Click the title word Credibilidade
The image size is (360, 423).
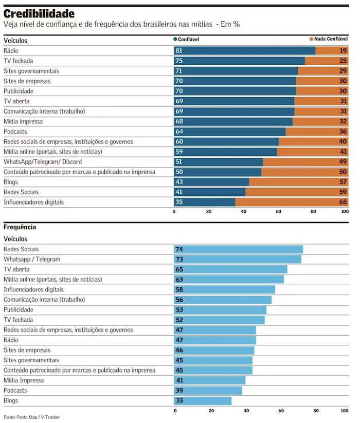coord(39,13)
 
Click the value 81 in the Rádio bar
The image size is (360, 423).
coord(179,51)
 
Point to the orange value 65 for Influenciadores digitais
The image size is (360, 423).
coord(343,203)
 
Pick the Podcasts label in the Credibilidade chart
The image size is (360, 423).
coord(15,132)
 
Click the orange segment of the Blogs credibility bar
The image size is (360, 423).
coord(298,182)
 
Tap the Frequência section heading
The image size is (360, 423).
coord(20,227)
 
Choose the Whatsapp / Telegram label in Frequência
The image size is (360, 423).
coord(32,259)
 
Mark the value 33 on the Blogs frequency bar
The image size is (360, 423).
coord(180,401)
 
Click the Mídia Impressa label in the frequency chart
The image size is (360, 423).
coord(24,380)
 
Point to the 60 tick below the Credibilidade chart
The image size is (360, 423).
coord(279,211)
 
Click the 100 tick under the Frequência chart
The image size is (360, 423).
coord(344,411)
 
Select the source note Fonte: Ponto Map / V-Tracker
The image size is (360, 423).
coord(32,417)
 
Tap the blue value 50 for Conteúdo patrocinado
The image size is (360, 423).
coord(179,172)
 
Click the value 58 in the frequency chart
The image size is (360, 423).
coord(180,290)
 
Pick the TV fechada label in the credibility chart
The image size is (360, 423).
coord(18,61)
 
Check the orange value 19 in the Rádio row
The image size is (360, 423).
coord(343,51)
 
